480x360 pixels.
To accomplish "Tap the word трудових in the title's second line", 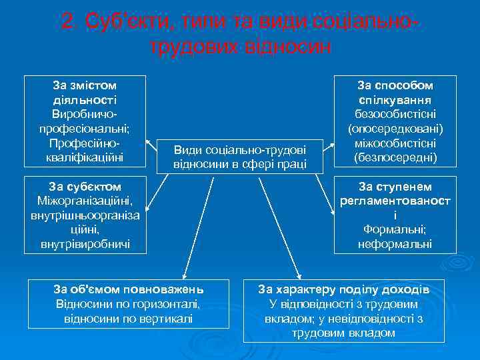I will [x=194, y=47].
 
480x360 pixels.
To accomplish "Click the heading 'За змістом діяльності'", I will [x=85, y=92].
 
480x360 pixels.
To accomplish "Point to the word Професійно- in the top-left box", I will [x=85, y=143].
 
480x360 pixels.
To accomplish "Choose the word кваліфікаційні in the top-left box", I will [x=85, y=157].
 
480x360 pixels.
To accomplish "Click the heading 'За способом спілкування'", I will [x=395, y=92].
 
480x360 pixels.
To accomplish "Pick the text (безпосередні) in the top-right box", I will [x=395, y=157].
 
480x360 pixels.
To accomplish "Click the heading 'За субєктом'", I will [x=85, y=186].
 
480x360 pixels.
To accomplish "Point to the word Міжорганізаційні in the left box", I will [x=85, y=201].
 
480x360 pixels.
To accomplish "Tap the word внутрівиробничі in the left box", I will [x=85, y=244].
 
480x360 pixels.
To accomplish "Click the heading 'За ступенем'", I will [x=395, y=186].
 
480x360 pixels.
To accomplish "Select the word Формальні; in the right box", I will [x=395, y=230].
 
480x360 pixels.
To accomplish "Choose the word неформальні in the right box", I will [x=395, y=244].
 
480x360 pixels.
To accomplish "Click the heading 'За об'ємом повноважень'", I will [x=128, y=289].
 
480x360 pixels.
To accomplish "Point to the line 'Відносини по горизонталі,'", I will [x=128, y=304].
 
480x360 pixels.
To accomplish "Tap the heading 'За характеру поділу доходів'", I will [x=343, y=289].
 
